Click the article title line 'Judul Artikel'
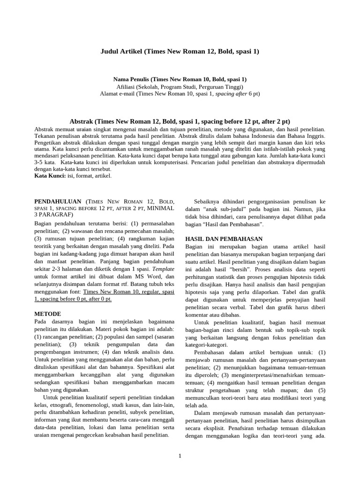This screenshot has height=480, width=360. [180, 51]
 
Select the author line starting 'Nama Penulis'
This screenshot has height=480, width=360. [180, 79]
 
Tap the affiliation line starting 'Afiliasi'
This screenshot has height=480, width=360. [180, 87]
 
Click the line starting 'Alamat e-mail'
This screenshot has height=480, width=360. [180, 94]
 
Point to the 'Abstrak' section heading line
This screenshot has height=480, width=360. [180, 121]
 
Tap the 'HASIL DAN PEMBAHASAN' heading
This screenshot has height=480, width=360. [217, 239]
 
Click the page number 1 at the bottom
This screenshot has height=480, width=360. [180, 456]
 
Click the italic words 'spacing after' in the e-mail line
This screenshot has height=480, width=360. [232, 94]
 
